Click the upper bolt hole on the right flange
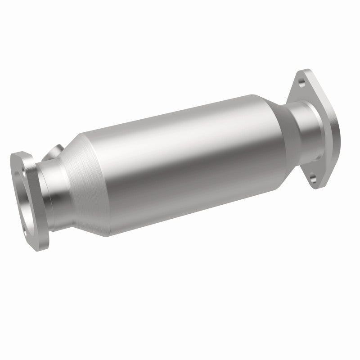pyautogui.click(x=300, y=81)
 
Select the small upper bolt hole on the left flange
pyautogui.click(x=18, y=161)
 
